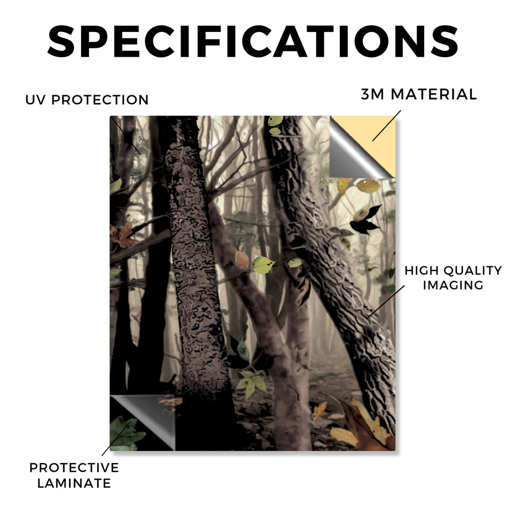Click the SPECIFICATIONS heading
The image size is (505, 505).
pyautogui.click(x=253, y=41)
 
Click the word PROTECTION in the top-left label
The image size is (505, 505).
pyautogui.click(x=100, y=100)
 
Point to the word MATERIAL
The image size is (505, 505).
pyautogui.click(x=433, y=94)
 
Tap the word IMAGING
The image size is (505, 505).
pyautogui.click(x=453, y=285)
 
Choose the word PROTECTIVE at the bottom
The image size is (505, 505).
pyautogui.click(x=74, y=468)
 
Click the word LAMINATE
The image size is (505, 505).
pyautogui.click(x=74, y=483)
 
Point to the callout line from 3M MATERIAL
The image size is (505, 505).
pyautogui.click(x=387, y=126)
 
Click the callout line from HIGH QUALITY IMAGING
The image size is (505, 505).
pyautogui.click(x=386, y=301)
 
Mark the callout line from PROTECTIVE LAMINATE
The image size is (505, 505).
pyautogui.click(x=116, y=437)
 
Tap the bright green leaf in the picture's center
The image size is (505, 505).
pyautogui.click(x=263, y=265)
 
